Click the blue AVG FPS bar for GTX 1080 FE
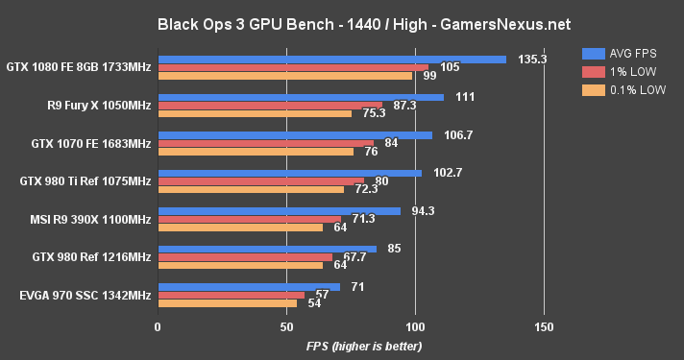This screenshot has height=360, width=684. tap(331, 60)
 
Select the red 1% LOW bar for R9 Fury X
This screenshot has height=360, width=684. tap(270, 105)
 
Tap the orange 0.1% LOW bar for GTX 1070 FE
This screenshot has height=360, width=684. tap(256, 151)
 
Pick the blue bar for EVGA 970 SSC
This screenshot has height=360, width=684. tap(249, 286)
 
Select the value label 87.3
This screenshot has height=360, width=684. tap(402, 105)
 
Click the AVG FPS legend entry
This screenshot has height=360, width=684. tap(625, 54)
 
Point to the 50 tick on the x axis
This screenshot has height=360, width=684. tap(286, 327)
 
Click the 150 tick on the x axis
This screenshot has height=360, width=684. tap(544, 327)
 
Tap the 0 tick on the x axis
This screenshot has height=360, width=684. tap(158, 327)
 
